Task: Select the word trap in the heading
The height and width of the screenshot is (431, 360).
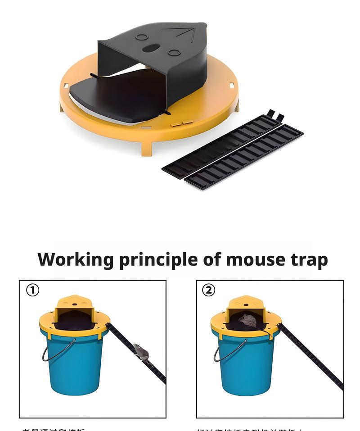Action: pos(309,260)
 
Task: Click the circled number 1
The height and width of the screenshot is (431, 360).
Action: pos(32,290)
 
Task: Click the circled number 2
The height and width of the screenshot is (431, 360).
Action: pos(208,290)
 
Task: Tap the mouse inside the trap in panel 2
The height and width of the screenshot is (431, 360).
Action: pos(247,321)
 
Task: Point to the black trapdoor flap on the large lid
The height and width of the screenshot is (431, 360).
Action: pos(117,97)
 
